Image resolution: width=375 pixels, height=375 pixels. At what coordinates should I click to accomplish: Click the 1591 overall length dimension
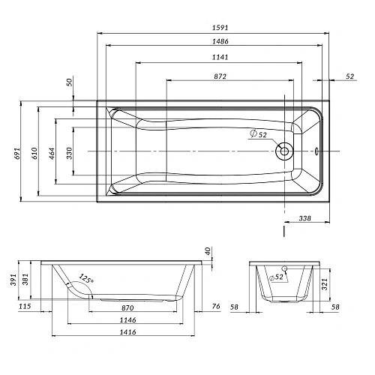click(220, 28)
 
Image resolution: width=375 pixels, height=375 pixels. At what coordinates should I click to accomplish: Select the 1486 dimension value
click(220, 41)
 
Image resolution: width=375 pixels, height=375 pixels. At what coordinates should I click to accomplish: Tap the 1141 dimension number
click(220, 57)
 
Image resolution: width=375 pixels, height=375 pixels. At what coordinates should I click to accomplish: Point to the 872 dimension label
click(220, 76)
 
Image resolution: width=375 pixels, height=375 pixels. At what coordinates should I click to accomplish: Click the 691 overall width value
click(16, 154)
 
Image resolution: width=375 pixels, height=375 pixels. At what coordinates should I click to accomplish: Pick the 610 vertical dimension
click(34, 153)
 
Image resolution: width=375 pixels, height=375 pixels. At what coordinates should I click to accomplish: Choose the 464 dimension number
click(52, 154)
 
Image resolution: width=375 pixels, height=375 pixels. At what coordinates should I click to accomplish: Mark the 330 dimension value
click(69, 153)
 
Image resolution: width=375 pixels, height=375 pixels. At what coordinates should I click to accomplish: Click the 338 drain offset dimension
click(304, 218)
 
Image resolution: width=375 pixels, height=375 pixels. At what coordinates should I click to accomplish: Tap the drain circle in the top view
click(284, 151)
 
